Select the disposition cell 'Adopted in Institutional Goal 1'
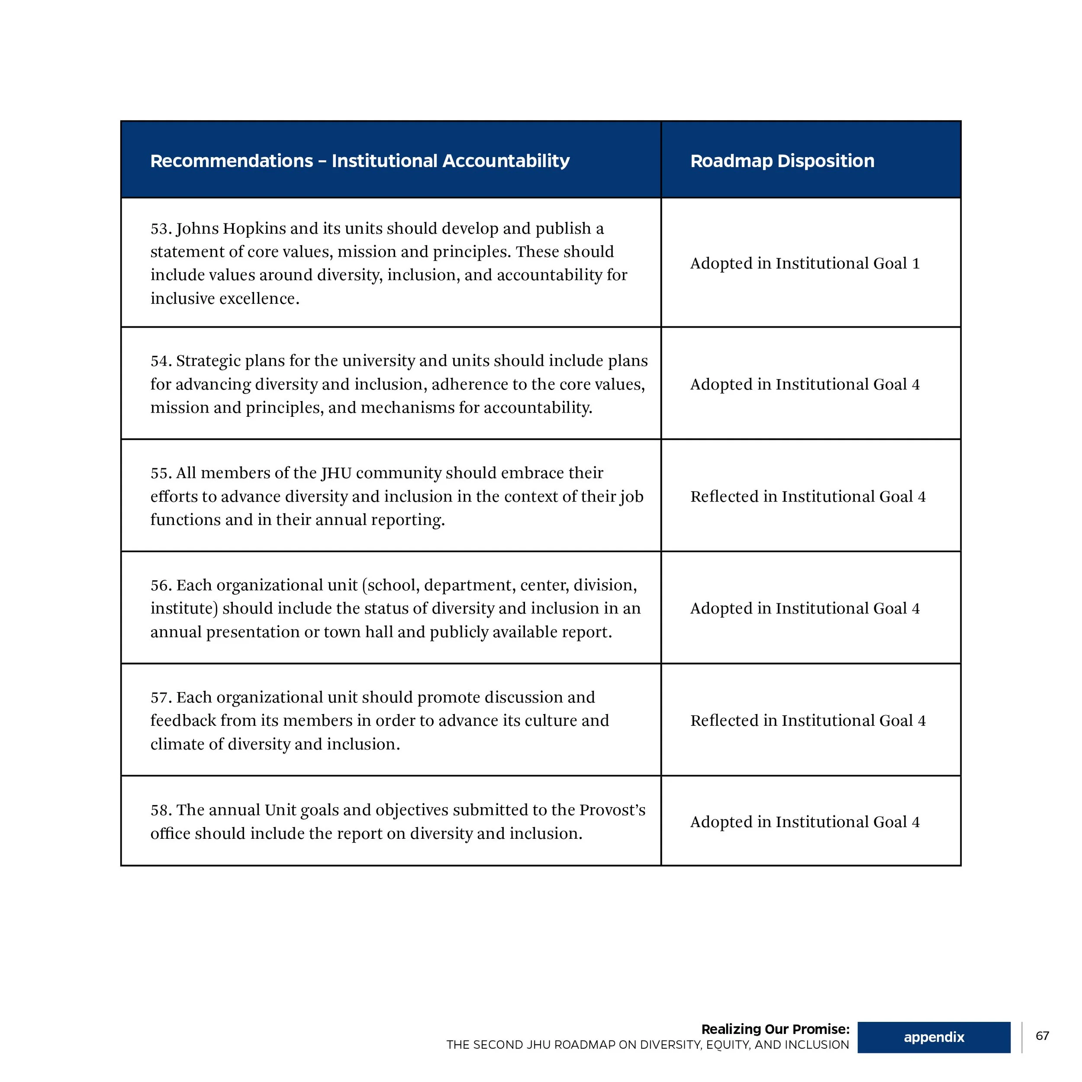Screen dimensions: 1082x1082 click(x=805, y=263)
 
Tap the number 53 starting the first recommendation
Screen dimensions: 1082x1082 click(x=160, y=229)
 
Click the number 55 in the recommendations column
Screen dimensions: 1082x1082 click(x=160, y=473)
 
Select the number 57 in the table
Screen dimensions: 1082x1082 click(x=160, y=698)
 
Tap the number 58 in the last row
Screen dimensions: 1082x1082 click(x=160, y=810)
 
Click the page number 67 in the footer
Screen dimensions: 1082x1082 click(x=1042, y=1036)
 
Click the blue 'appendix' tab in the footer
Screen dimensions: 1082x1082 click(x=934, y=1037)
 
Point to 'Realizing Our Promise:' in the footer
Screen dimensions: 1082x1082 click(x=775, y=1029)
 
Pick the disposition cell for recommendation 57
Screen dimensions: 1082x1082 click(x=808, y=721)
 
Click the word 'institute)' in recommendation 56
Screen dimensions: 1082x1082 click(x=184, y=609)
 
